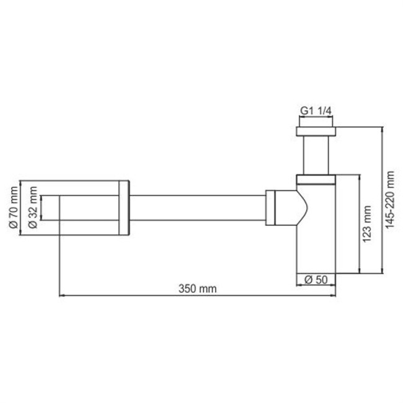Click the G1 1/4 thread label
pyautogui.click(x=316, y=111)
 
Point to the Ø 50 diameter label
pyautogui.click(x=316, y=280)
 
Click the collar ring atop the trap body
pyautogui.click(x=316, y=180)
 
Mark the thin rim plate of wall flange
pyautogui.click(x=124, y=208)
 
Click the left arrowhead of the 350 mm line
pyautogui.click(x=62, y=296)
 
